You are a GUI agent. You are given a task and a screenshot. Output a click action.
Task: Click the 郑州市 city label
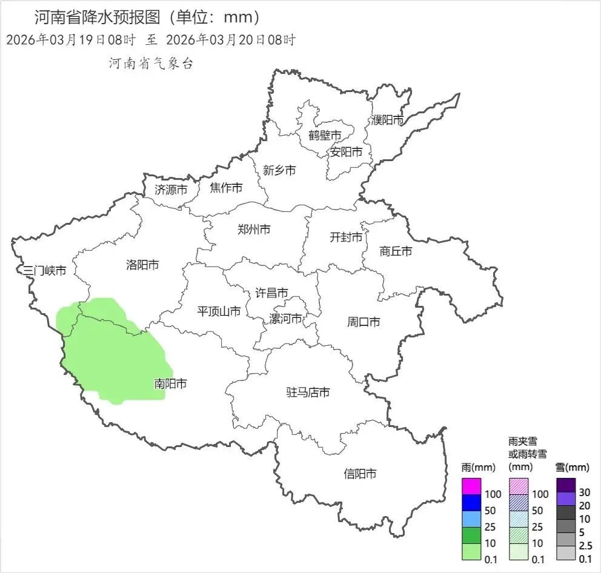tap(254, 230)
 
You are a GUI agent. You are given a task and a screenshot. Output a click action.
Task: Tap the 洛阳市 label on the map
tap(142, 265)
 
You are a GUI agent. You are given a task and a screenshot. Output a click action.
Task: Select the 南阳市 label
tap(170, 383)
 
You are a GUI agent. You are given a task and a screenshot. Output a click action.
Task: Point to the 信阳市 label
tap(360, 474)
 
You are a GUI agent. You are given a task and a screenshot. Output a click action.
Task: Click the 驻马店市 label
tap(308, 392)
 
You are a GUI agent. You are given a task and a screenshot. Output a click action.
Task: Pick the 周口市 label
tap(364, 322)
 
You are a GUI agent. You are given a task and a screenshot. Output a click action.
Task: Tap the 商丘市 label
tap(396, 251)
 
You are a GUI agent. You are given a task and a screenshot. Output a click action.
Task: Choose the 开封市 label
tap(346, 237)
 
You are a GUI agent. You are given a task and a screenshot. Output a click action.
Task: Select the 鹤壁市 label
tap(325, 135)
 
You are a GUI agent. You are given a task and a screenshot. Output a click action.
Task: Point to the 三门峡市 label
tap(45, 271)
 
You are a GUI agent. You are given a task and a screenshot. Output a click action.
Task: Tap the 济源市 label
tap(171, 190)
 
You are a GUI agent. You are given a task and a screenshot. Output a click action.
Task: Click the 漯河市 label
tap(285, 319)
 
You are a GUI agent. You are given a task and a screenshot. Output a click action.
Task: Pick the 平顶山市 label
tap(219, 312)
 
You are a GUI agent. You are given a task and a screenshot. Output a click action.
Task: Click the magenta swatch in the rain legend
tap(471, 486)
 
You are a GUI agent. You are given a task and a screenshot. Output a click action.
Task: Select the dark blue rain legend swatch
tap(471, 503)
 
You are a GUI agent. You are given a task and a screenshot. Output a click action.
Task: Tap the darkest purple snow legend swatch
tap(565, 485)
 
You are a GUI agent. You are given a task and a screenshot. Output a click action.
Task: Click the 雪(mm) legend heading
tap(572, 468)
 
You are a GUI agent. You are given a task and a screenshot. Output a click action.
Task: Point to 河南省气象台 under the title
tap(151, 64)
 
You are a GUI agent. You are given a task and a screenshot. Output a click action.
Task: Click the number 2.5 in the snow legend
tap(585, 545)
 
